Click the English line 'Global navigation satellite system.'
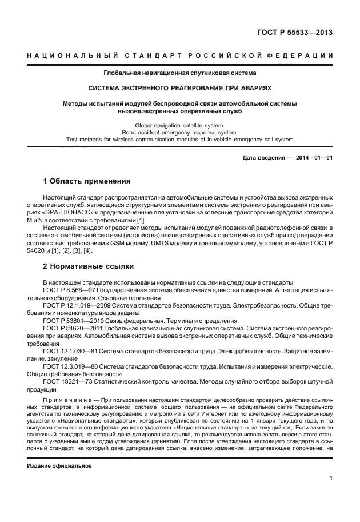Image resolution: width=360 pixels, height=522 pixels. [179, 125]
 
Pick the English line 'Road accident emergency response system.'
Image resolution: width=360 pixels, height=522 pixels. [179, 132]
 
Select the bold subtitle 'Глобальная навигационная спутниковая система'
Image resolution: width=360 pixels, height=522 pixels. [179, 73]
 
